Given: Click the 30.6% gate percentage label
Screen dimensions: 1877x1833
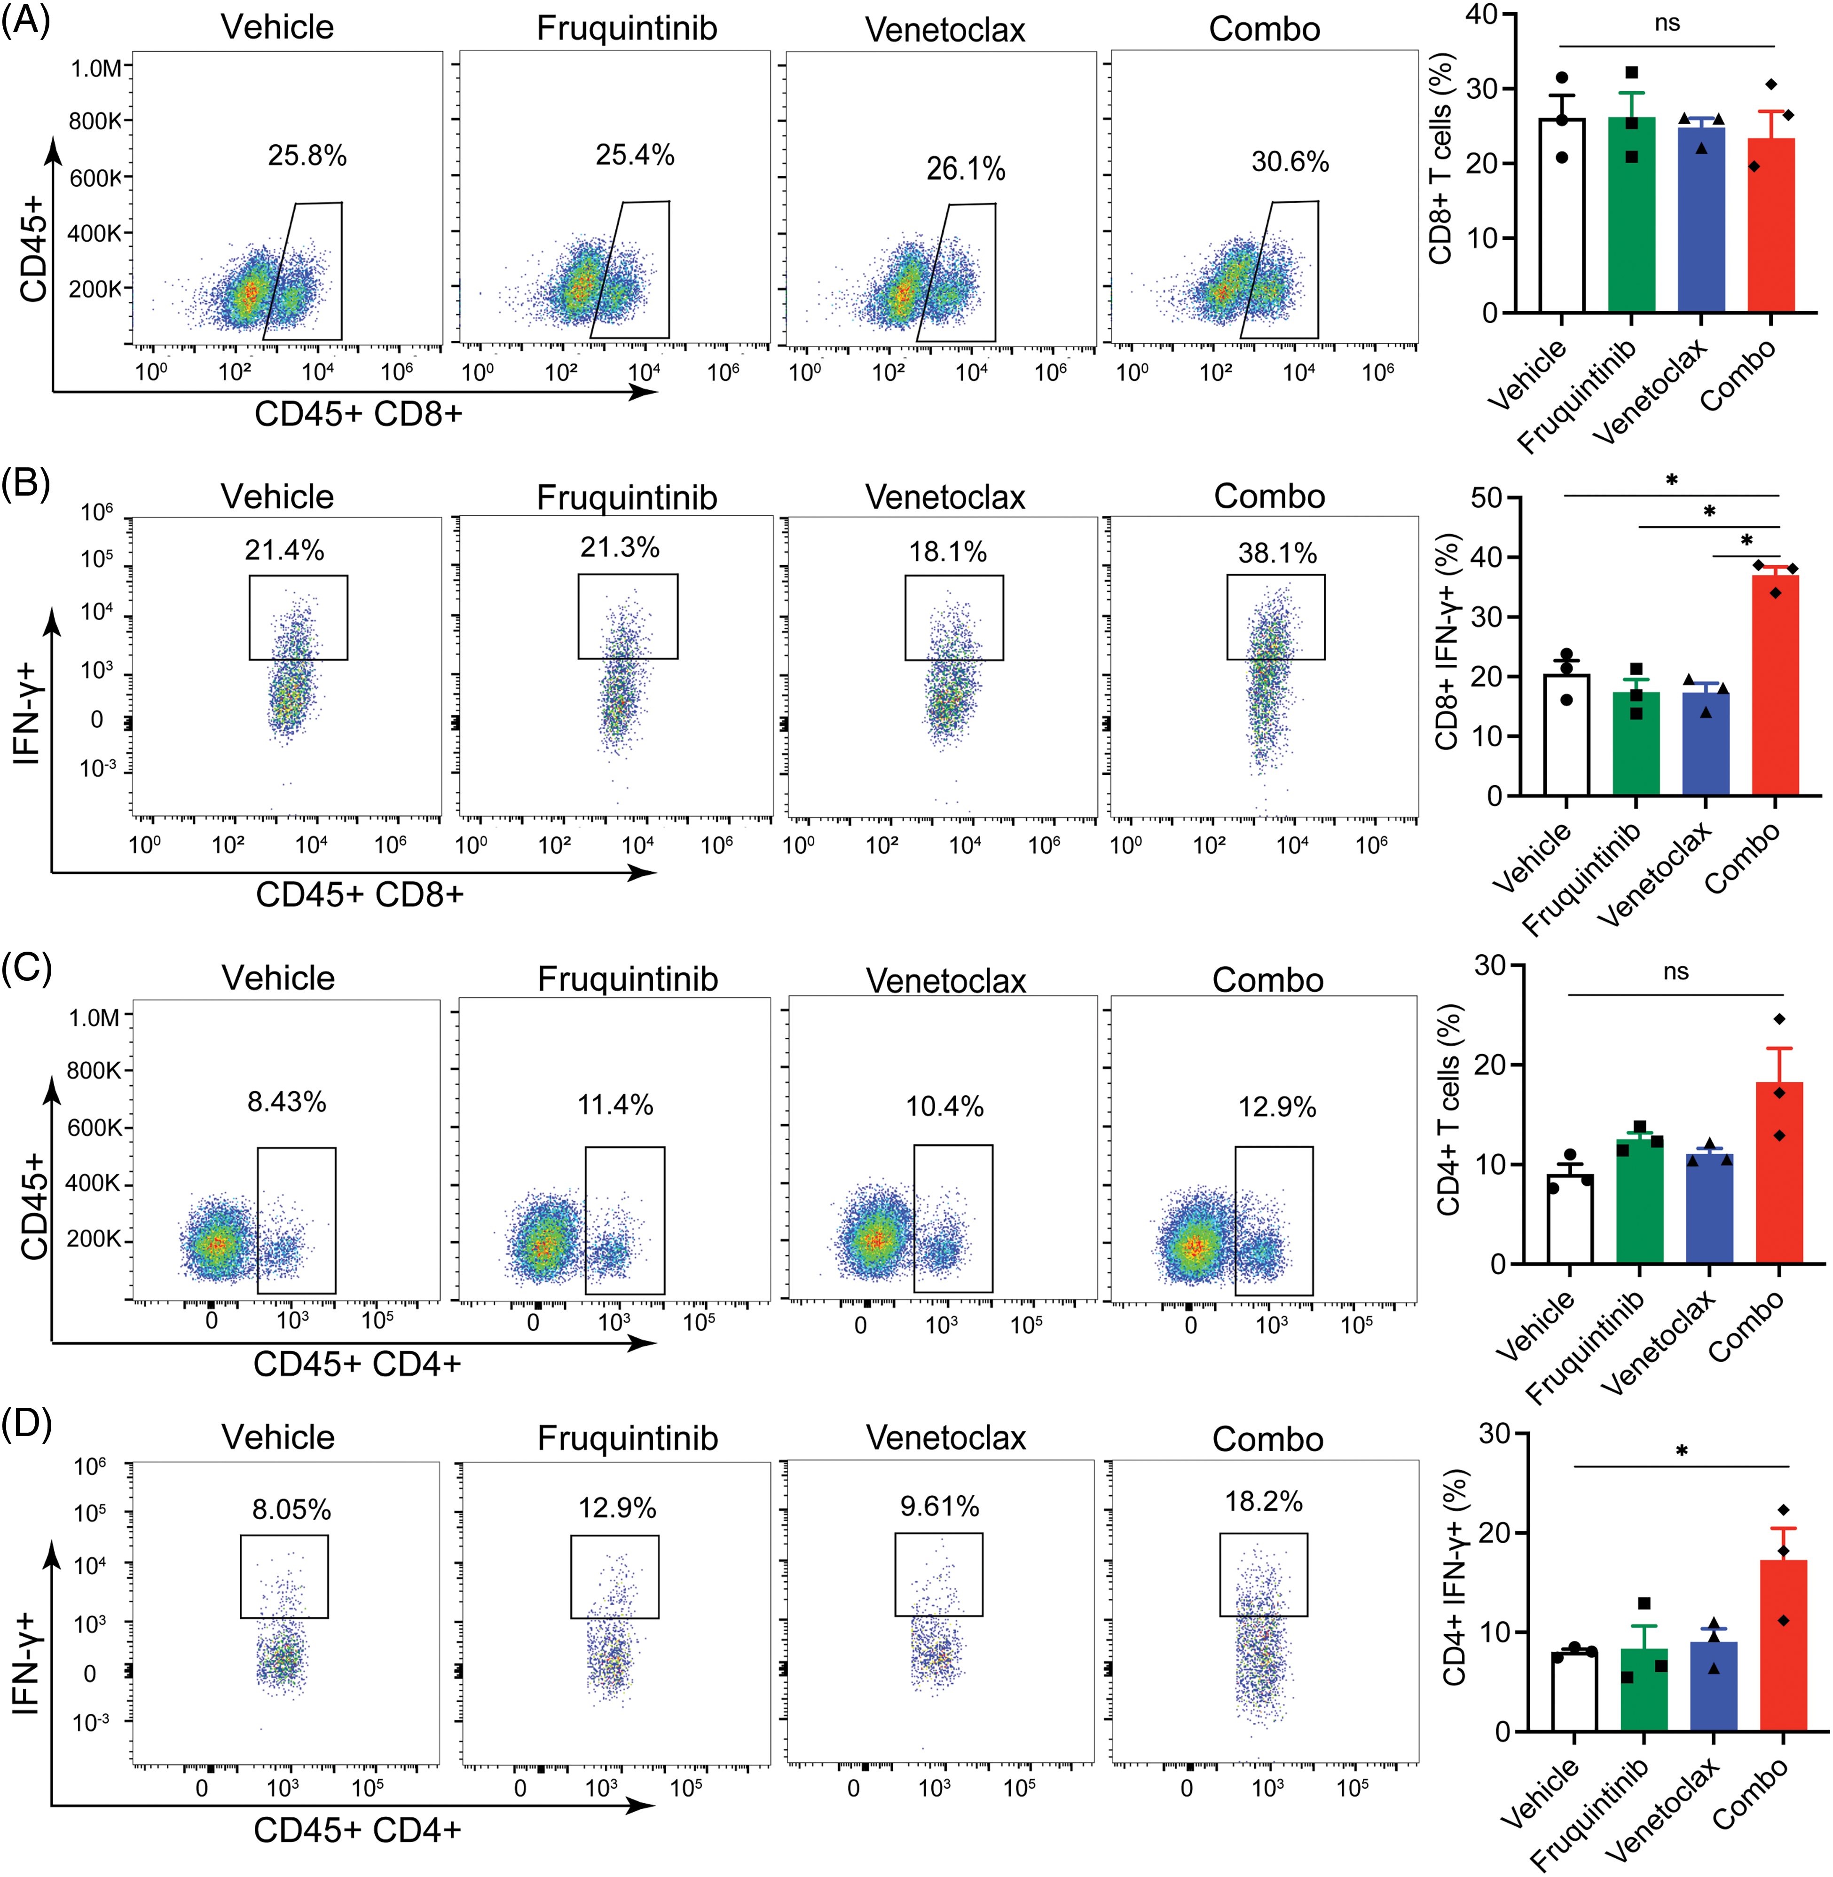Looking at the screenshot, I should coord(1290,162).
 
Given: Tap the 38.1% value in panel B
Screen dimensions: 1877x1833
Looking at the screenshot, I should coord(1277,553).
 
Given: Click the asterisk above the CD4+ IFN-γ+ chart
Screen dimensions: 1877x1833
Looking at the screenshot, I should coord(1681,1451).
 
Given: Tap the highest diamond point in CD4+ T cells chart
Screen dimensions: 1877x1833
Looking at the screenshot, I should coord(1779,1019).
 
